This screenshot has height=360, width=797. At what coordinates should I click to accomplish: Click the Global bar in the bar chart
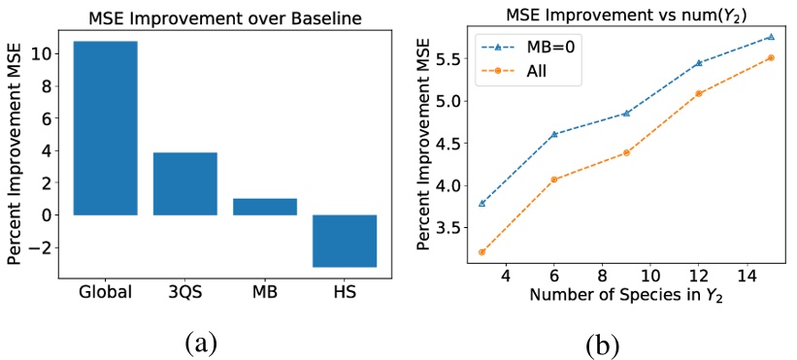pyautogui.click(x=106, y=128)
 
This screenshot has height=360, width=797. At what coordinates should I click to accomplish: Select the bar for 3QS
pyautogui.click(x=185, y=183)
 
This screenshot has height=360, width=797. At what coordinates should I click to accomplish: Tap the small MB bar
pyautogui.click(x=265, y=207)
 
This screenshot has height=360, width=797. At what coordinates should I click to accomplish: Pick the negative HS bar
pyautogui.click(x=345, y=241)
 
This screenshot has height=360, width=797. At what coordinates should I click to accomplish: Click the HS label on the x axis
pyautogui.click(x=345, y=292)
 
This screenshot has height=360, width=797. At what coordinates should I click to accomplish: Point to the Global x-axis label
pyautogui.click(x=106, y=292)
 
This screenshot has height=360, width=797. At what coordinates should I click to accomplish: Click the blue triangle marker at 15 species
pyautogui.click(x=744, y=37)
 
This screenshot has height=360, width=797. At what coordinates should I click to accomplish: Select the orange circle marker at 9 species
pyautogui.click(x=626, y=152)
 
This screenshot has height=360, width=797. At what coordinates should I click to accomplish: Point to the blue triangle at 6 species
pyautogui.click(x=554, y=134)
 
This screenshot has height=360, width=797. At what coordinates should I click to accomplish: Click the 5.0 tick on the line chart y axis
pyautogui.click(x=447, y=101)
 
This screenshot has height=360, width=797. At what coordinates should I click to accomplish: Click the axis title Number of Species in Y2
pyautogui.click(x=614, y=297)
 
